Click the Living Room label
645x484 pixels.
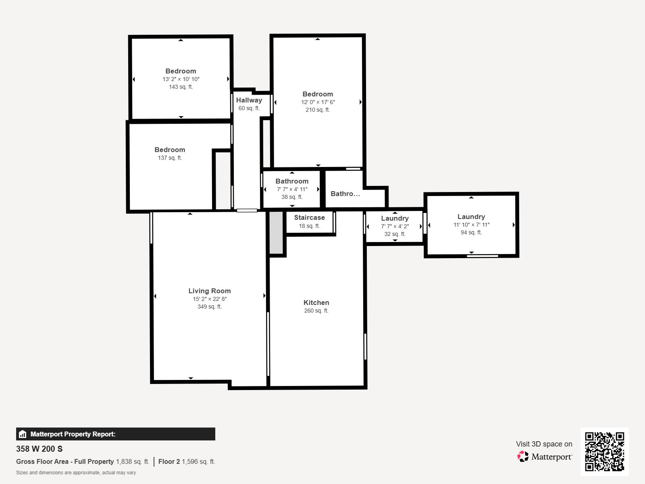point(209,291)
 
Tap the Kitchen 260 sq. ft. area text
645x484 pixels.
point(316,311)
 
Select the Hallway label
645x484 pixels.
point(249,100)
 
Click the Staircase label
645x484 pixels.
point(309,217)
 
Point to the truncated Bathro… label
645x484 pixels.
point(345,194)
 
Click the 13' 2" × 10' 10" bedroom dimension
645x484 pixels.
point(181,79)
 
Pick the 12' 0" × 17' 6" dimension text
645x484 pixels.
point(318,102)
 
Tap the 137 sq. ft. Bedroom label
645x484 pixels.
point(170,150)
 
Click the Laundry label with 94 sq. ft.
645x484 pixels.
point(471,217)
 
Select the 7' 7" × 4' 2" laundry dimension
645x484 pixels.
point(395,226)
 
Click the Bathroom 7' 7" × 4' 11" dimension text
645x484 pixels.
point(292,189)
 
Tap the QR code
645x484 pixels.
point(604,451)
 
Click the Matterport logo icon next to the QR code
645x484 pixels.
point(523,457)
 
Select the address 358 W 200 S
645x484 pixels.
point(39,449)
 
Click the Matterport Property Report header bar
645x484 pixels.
point(115,434)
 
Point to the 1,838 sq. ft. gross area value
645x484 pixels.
point(132,461)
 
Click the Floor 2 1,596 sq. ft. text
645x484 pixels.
point(187,461)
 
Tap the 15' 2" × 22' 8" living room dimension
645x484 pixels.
point(209,299)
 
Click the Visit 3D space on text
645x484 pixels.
point(544,444)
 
